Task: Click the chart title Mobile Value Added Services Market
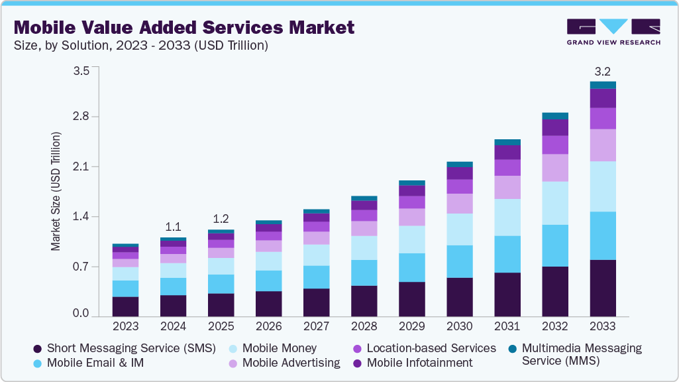point(184,27)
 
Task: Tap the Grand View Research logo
point(613,32)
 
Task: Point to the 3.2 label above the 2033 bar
point(603,70)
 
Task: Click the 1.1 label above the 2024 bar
point(173,226)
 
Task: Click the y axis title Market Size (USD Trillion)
point(56,192)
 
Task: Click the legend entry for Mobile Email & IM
point(95,363)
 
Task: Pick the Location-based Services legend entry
point(431,348)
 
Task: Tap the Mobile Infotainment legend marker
point(358,363)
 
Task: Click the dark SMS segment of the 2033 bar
point(603,288)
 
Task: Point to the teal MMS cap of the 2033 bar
point(603,85)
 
